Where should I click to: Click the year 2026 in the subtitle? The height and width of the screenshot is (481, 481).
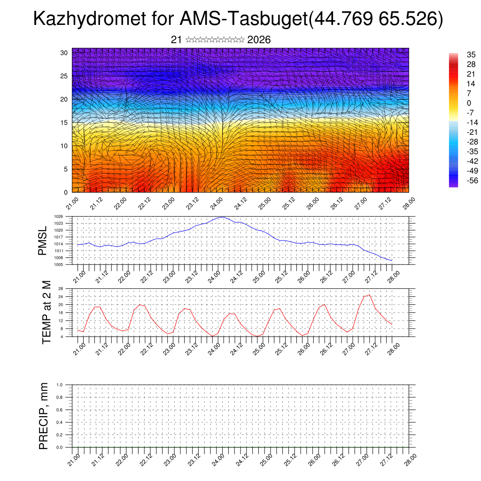pos(259,40)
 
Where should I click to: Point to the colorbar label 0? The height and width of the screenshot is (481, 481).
pos(468,103)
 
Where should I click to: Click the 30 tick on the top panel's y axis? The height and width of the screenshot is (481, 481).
pos(64,53)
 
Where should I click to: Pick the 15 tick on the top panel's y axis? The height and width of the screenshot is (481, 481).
pos(64,123)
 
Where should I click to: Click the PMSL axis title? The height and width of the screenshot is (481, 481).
pos(43,240)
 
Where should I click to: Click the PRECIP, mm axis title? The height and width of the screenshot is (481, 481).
pos(44,416)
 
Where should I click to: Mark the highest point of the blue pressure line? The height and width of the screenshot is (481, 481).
pos(223,217)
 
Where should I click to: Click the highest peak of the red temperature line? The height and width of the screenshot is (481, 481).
pos(369,295)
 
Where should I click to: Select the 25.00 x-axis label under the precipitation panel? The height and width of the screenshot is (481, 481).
pos(265,458)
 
